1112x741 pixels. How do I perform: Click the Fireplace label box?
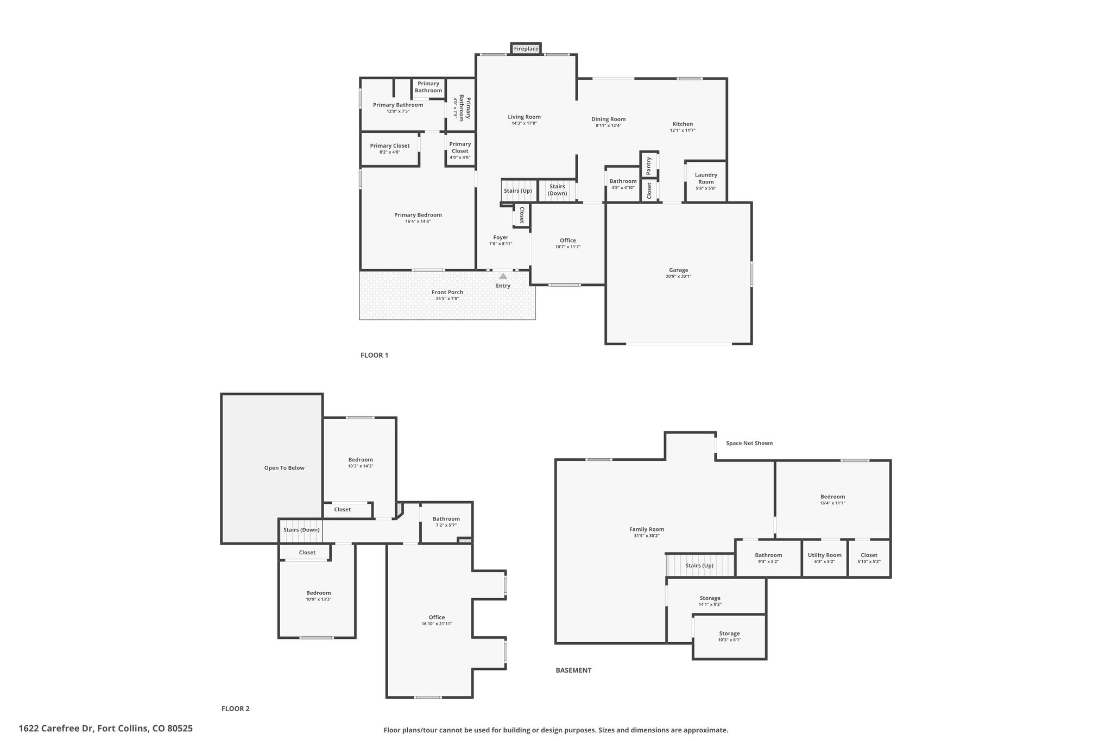pos(526,49)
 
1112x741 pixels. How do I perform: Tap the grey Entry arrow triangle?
pos(503,276)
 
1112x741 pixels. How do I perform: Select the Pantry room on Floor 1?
pos(649,165)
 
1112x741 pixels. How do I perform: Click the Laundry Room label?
pos(706,178)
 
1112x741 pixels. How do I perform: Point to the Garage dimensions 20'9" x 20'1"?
pos(679,276)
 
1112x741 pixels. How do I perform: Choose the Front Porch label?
pos(447,292)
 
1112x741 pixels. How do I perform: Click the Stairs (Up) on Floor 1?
pos(518,191)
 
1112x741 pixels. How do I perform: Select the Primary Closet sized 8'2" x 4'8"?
pos(390,149)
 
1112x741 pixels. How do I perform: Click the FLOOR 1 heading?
pos(375,356)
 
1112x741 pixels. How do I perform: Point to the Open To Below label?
pos(285,468)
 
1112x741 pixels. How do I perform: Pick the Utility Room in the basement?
pos(825,558)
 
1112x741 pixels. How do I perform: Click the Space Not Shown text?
pos(749,443)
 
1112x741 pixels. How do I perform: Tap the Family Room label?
pos(647,529)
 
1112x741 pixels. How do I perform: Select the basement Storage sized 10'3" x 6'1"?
pos(730,637)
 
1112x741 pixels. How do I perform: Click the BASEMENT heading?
pos(573,670)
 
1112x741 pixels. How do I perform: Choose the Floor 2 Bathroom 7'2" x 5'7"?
pos(446,522)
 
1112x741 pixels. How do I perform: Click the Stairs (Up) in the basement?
pos(699,565)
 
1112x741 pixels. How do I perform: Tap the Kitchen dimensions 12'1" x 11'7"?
pos(683,130)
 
